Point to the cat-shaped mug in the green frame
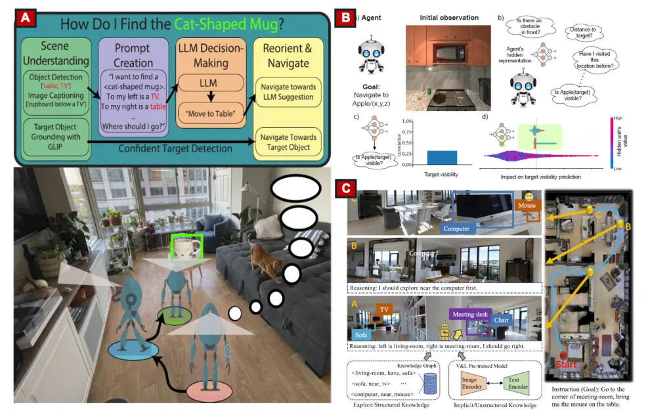[x=181, y=250]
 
